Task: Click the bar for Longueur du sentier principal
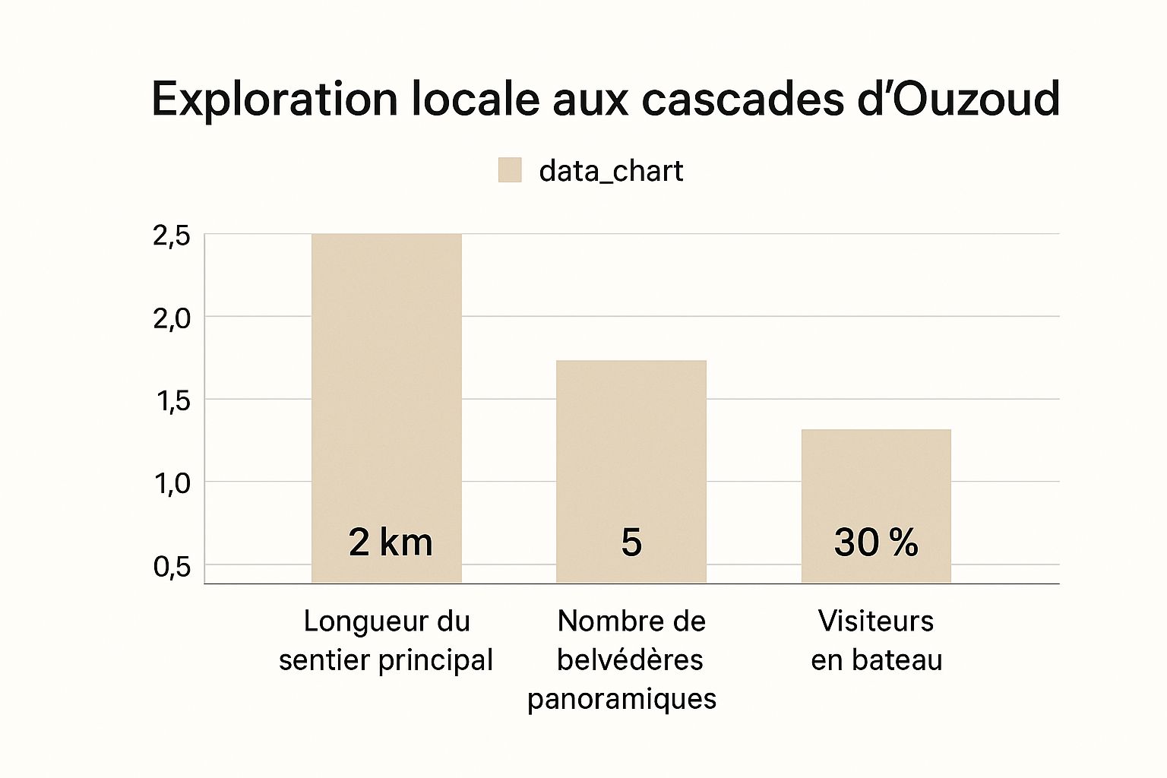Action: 387,380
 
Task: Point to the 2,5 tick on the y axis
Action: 172,236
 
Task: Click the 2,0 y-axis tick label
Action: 172,319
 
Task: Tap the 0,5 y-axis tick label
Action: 172,567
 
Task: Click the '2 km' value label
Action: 391,542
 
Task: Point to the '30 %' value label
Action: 876,542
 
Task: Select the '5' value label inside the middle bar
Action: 631,542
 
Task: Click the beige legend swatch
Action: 510,170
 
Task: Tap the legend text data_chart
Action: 611,171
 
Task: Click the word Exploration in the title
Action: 274,100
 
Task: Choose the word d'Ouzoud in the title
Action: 958,100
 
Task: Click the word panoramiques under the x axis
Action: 622,698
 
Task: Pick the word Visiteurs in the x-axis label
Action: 875,621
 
